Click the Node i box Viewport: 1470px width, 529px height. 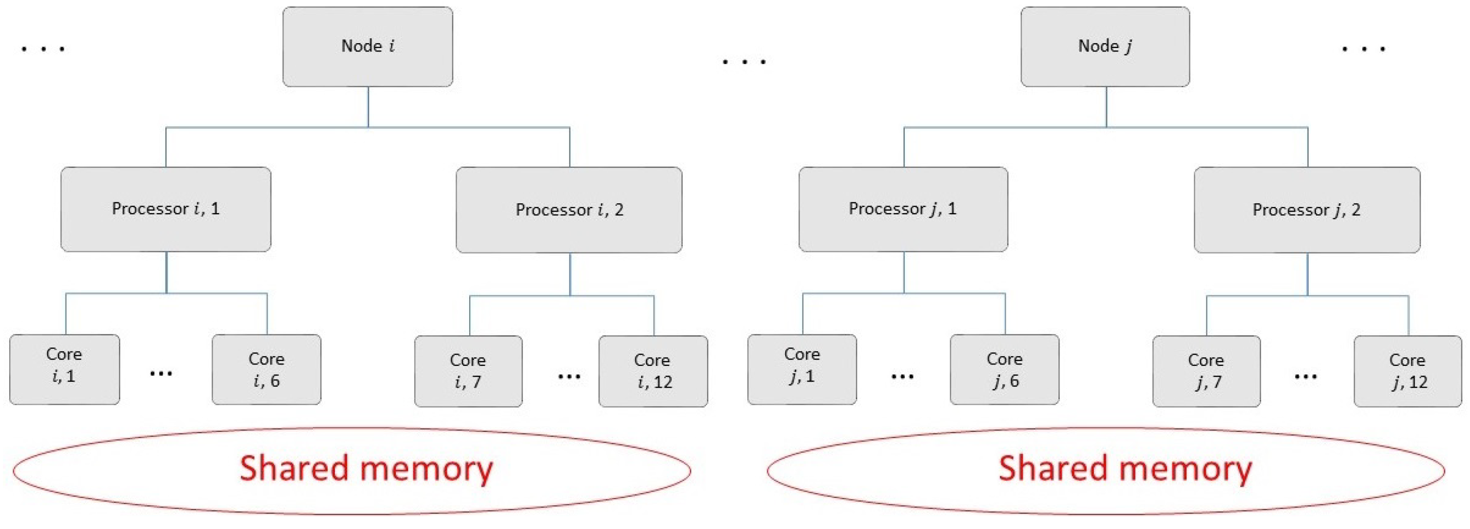(x=367, y=47)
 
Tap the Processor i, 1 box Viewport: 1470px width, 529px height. (x=165, y=209)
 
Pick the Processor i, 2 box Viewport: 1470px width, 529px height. (x=569, y=210)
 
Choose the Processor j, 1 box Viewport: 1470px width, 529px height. (x=903, y=209)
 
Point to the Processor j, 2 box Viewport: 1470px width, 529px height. (x=1307, y=210)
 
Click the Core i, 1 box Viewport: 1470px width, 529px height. (x=64, y=370)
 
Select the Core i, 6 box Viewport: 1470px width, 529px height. (x=267, y=370)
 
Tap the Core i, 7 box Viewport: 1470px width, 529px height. (x=468, y=371)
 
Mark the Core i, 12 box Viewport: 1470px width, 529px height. (x=653, y=371)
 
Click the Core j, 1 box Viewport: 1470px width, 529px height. (x=802, y=370)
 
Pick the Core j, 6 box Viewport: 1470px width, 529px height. (x=1004, y=370)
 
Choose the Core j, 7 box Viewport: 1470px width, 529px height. (x=1206, y=371)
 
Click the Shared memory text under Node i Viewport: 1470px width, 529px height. (x=366, y=468)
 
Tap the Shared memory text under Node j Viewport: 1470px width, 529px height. (x=1125, y=468)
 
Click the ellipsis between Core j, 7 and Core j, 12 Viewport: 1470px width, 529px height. (x=1306, y=377)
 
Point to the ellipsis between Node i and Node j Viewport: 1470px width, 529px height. (x=744, y=61)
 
